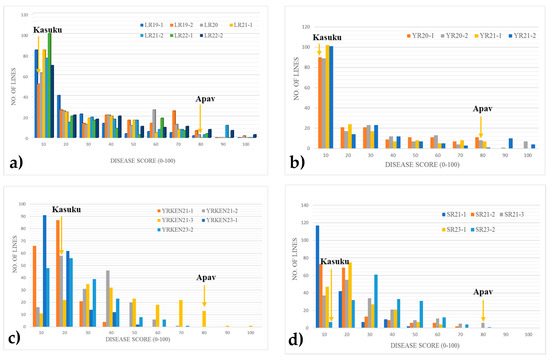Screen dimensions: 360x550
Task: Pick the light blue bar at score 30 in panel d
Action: [x=376, y=301]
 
